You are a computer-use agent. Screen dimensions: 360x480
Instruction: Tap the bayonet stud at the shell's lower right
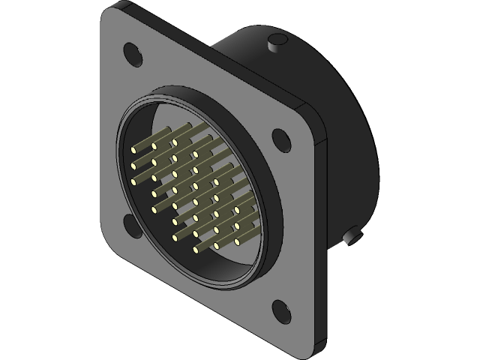(x=350, y=238)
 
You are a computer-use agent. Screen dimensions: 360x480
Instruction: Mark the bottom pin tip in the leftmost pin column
(x=134, y=181)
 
